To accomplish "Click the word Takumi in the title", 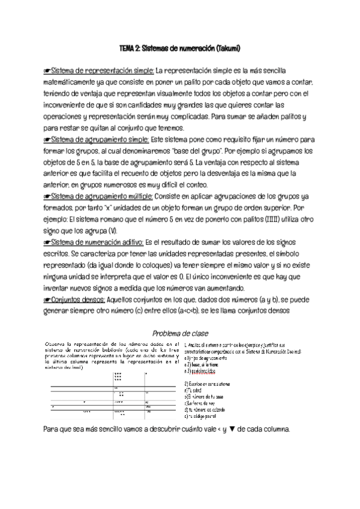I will coord(227,46).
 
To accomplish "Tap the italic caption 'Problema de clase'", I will coord(179,333).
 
